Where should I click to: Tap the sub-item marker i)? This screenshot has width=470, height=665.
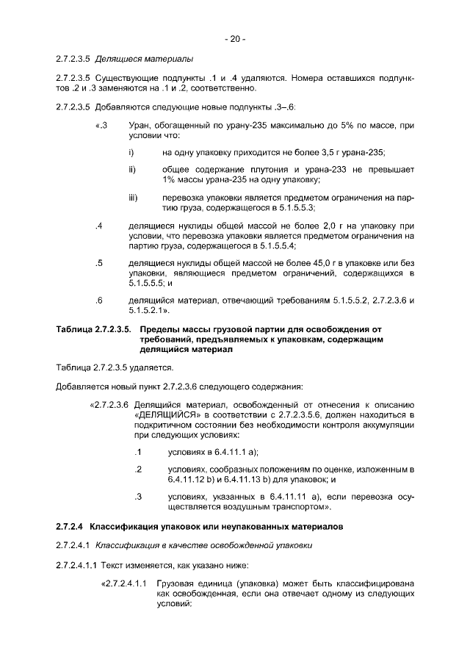[x=131, y=152]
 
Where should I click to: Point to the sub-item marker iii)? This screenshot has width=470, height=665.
[x=133, y=198]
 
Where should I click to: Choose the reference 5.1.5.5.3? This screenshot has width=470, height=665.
[x=288, y=208]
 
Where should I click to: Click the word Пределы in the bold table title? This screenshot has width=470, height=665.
[x=155, y=330]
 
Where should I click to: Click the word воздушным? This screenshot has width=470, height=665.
[x=229, y=507]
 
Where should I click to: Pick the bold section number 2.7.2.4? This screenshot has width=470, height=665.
[x=70, y=527]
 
